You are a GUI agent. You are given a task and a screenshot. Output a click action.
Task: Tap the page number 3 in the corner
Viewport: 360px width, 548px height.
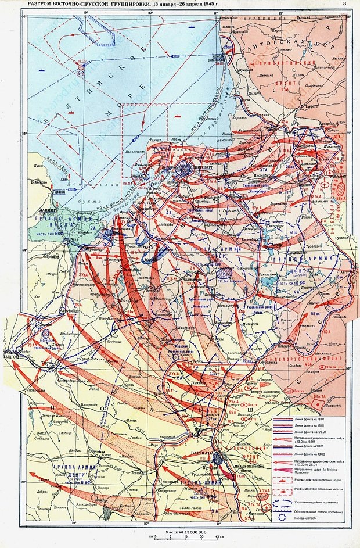pos(344,4)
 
